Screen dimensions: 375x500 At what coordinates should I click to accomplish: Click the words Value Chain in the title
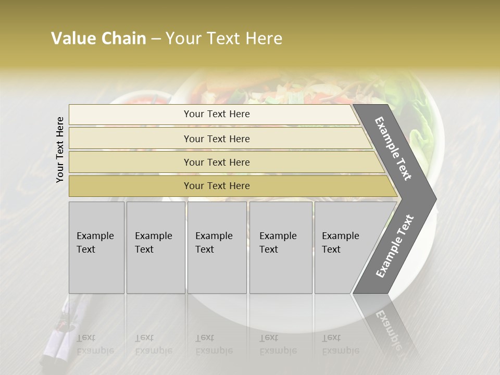98,39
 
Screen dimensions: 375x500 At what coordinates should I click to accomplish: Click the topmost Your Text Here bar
217,114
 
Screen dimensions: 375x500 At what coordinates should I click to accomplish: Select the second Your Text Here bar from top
217,139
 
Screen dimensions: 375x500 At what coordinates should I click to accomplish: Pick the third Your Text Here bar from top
217,162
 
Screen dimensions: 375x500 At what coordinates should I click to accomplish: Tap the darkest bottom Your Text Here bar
217,186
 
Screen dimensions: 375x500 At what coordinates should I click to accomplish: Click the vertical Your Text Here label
60,149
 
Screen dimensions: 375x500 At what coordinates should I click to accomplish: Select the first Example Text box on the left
96,247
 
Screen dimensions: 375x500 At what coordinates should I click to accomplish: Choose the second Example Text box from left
155,247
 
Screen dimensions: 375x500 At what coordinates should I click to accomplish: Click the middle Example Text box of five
217,247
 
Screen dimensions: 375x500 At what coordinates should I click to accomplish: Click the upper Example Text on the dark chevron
393,148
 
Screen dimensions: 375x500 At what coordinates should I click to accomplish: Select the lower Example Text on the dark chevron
394,246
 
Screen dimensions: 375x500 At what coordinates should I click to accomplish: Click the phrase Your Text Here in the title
223,39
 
